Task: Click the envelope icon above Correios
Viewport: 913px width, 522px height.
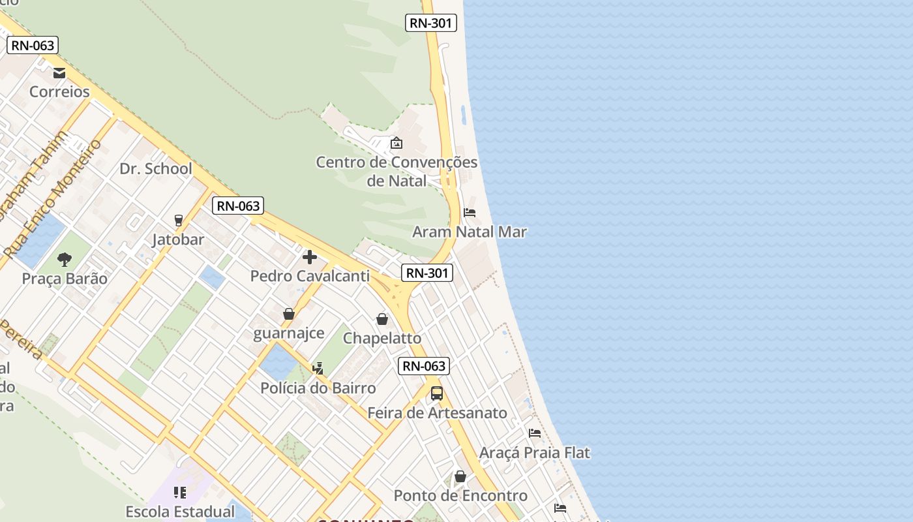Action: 59,73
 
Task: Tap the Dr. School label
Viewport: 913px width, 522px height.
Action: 156,169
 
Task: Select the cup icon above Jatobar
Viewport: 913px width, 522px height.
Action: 179,221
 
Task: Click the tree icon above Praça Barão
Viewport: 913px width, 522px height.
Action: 65,260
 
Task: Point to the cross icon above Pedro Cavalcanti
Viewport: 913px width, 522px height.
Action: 310,257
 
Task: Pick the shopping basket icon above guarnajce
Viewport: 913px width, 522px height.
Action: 289,315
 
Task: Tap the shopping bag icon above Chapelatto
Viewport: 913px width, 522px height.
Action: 382,319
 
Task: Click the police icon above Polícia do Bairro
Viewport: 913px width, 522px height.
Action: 318,369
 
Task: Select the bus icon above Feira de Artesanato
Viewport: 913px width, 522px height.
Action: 437,393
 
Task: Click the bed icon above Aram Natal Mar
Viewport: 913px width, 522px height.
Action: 470,213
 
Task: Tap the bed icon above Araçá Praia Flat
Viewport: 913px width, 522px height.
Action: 535,433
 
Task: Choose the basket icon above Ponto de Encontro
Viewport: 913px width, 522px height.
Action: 460,476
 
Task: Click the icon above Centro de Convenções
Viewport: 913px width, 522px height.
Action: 396,143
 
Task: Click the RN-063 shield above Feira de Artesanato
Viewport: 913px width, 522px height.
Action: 424,366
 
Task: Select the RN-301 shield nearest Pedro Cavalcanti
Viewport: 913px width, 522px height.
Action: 427,273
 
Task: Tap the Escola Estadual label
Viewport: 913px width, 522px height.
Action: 180,512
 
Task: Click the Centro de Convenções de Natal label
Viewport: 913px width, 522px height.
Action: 397,171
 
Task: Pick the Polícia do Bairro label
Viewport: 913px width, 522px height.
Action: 318,388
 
